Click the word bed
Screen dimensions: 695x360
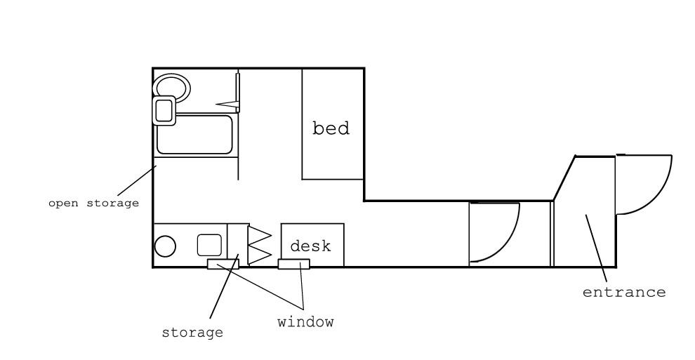tap(331, 128)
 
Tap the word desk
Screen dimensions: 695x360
tap(310, 246)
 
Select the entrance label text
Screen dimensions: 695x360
tap(623, 292)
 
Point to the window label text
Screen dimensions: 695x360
tap(305, 321)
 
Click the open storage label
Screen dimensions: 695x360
tap(93, 204)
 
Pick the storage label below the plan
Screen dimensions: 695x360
tap(192, 333)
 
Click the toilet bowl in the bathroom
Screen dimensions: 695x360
tap(172, 86)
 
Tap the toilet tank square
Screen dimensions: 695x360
tap(164, 110)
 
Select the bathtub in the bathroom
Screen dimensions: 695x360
tap(194, 135)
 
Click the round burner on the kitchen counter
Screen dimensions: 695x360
tap(165, 246)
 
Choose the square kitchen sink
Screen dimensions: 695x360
tap(209, 246)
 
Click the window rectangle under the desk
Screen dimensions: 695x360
tap(294, 265)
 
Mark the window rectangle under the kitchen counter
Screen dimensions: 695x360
tap(223, 265)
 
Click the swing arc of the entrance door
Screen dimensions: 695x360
tap(663, 195)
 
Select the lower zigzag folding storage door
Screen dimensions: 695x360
tap(259, 255)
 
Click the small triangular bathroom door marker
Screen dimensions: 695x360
tap(227, 105)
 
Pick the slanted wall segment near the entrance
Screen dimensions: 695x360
tap(564, 178)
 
